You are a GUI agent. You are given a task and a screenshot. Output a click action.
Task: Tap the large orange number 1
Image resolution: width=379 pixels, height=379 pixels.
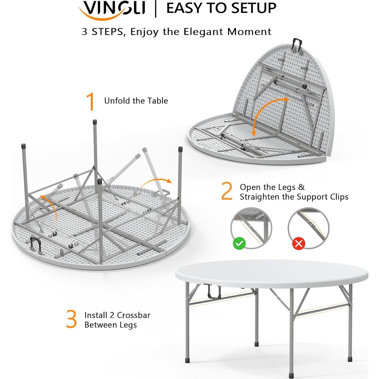click(x=90, y=101)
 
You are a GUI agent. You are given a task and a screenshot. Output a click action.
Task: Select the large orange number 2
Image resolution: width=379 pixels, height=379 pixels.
click(x=227, y=191)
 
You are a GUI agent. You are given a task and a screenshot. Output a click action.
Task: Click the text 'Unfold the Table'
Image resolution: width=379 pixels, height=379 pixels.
click(x=136, y=101)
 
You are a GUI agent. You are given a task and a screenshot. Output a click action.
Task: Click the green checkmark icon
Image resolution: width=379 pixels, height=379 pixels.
click(x=239, y=243)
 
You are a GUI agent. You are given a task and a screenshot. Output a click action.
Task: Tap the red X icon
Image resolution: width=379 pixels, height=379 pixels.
click(x=299, y=243)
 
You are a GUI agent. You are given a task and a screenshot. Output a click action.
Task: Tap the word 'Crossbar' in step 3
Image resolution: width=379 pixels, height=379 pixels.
click(x=133, y=315)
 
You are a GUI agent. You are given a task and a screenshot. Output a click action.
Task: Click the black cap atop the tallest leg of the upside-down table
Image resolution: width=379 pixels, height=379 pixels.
click(x=95, y=122)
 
